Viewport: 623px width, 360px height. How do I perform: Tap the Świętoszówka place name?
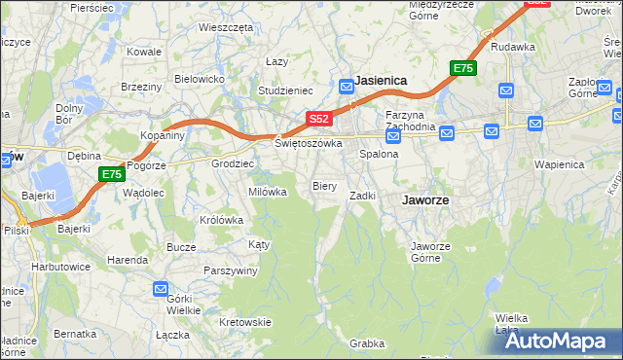pos(309,143)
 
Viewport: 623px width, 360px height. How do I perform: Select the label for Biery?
pos(324,185)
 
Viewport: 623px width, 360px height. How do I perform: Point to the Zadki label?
pos(363,196)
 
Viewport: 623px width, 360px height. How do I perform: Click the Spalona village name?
pos(380,154)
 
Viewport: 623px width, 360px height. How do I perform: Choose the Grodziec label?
pos(233,163)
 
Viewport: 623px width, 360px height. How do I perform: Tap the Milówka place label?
pos(268,192)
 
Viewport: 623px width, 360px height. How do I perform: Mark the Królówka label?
pos(221,220)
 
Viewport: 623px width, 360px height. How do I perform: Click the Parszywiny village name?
pos(230,270)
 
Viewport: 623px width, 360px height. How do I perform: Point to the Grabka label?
pos(368,343)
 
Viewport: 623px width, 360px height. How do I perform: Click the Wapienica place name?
pos(559,164)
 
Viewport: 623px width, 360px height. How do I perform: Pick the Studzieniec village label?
pos(283,92)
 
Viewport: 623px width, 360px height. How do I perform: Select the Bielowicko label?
pos(200,78)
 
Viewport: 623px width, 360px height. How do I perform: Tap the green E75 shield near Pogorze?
pos(111,174)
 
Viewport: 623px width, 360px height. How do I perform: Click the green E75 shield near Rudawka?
pos(462,68)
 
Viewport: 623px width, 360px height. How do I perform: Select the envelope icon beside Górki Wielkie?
pos(161,289)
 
